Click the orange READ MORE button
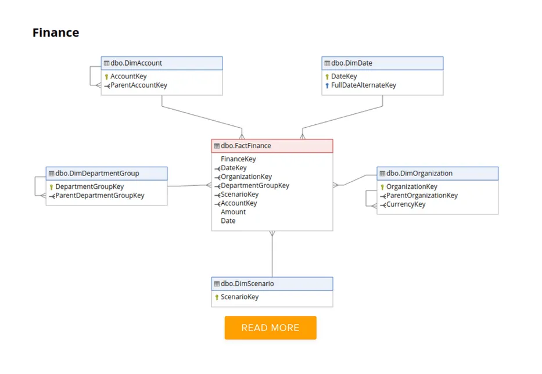pos(270,328)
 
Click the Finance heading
pos(56,33)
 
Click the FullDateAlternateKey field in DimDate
pos(363,85)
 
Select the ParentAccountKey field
pos(138,85)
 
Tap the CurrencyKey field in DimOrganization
pos(405,204)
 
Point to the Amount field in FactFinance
pos(233,212)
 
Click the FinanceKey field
pos(238,159)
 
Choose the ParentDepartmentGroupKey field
pos(99,196)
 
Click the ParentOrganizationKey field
pos(422,196)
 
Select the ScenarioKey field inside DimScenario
pos(239,297)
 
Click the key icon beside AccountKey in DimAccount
pos(107,77)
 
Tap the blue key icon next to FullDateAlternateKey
pos(327,85)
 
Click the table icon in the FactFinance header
pos(217,146)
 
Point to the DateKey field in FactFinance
pos(234,168)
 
